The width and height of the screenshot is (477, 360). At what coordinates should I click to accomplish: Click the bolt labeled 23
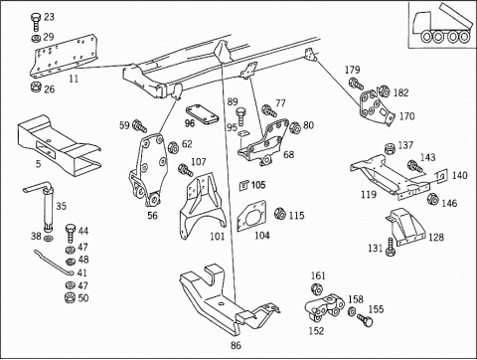coord(36,22)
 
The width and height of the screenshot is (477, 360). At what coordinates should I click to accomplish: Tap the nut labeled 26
coord(36,88)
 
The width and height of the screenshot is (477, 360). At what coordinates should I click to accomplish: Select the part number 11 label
coord(74,79)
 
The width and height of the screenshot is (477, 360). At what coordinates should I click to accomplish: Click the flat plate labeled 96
coord(202,114)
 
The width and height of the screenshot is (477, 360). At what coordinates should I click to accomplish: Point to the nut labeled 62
coord(173,147)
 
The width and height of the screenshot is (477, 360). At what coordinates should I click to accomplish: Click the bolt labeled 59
coord(139,126)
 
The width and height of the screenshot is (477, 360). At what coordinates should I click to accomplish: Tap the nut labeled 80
coord(294,128)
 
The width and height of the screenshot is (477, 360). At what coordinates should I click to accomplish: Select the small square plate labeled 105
coord(243,186)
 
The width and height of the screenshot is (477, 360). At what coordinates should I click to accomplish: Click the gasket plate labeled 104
coord(252,216)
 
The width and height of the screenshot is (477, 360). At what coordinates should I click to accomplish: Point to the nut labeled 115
coord(280,213)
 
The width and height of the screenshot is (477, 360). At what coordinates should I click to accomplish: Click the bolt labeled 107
coord(186,170)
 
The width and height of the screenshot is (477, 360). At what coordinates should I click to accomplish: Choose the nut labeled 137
coord(391,148)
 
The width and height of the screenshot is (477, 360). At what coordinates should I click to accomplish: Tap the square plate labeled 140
coord(441,176)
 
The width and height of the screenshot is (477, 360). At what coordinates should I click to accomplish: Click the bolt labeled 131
coord(391,247)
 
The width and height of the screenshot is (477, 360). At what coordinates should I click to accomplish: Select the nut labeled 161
coord(317,289)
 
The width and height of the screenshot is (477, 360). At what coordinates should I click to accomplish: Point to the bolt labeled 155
coord(365,320)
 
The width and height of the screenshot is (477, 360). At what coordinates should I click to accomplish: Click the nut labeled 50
coord(71,297)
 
